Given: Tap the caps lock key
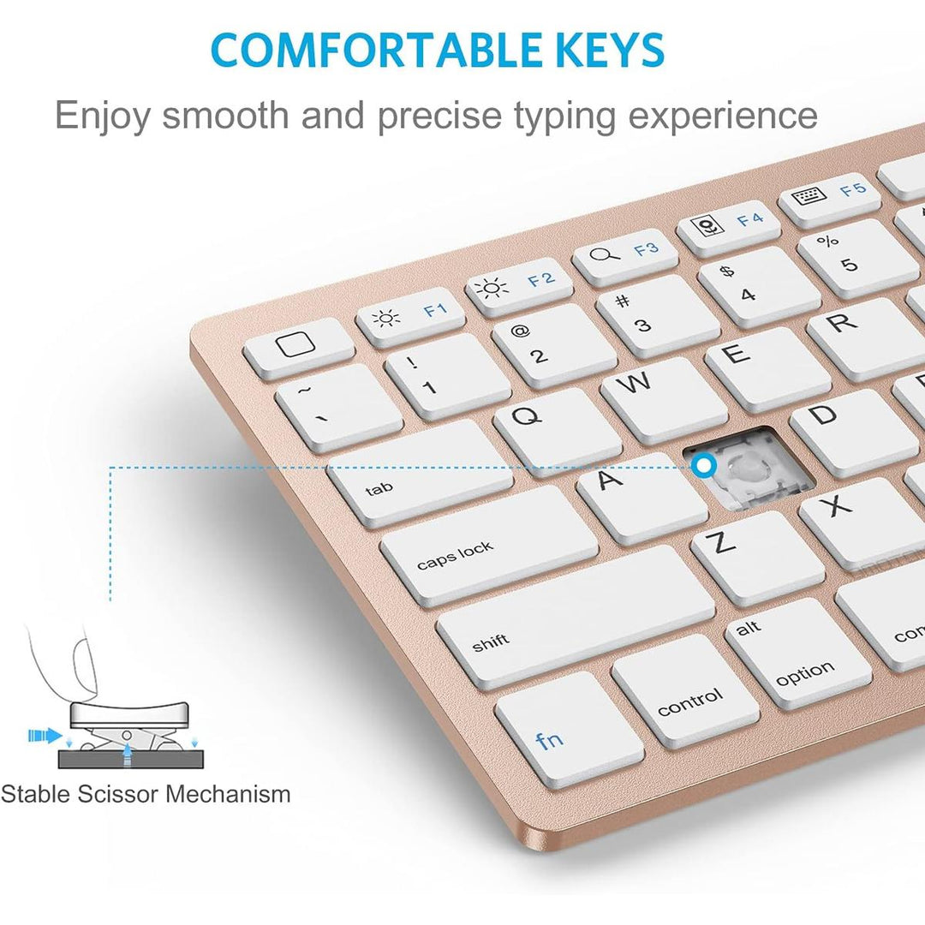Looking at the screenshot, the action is [489, 546].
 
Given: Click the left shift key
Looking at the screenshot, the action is [576, 617].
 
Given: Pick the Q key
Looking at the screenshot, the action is [558, 424].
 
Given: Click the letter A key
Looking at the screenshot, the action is [642, 497].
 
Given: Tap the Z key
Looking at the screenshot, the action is [757, 557].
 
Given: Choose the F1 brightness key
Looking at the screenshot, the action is [410, 317].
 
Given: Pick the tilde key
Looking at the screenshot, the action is [338, 407].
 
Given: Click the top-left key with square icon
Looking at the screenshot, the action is [299, 349].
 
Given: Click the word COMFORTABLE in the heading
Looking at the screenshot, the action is [376, 50].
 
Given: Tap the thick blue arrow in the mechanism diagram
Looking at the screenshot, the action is [45, 736].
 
